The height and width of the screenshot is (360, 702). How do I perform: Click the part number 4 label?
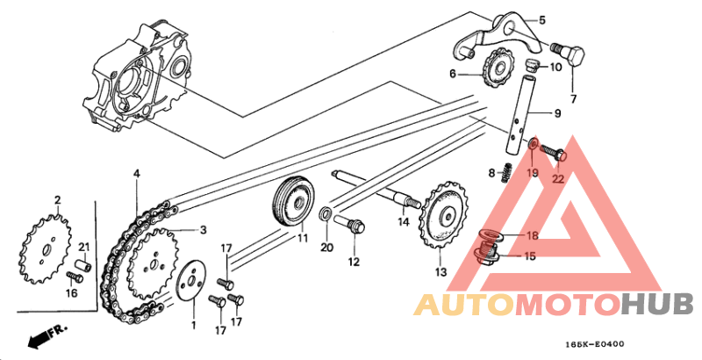coord(137,173)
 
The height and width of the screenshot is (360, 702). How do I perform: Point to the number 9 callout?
coord(557,114)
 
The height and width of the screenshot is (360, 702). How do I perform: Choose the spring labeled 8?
coord(506,172)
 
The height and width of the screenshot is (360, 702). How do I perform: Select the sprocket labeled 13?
coord(443,216)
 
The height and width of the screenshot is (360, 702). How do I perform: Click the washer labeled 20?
coord(326,214)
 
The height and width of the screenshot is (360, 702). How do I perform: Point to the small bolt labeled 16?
coord(75,277)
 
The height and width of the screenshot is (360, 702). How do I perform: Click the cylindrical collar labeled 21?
coord(83,264)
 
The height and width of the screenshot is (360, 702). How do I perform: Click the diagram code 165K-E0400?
coord(594,344)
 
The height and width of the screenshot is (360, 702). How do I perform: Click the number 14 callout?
coord(404,221)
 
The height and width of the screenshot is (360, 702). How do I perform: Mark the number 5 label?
coord(541,20)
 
